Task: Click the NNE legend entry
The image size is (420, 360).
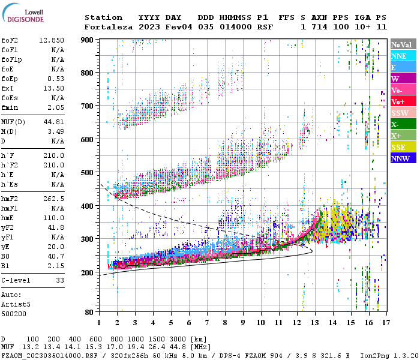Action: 403,56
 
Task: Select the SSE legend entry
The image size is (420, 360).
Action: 403,147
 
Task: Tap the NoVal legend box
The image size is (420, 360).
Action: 403,44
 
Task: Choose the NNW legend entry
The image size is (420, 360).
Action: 403,158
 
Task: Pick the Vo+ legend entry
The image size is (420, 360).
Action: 403,101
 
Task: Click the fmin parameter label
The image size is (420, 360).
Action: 11,107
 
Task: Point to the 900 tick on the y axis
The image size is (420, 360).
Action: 87,40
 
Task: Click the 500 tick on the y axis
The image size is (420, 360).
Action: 87,173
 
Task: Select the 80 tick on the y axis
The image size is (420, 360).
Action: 89,312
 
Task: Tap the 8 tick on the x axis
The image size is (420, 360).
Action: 226,323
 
